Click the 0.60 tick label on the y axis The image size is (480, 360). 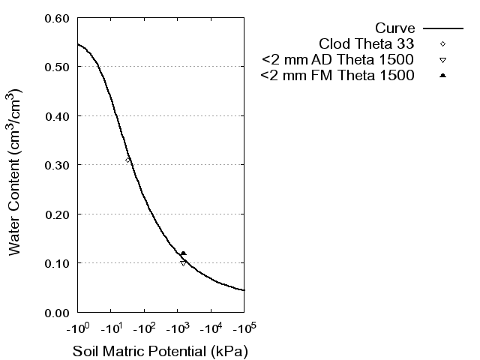tap(59, 18)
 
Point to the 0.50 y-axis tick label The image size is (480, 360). tap(59, 67)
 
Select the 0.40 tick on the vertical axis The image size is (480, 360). tap(59, 116)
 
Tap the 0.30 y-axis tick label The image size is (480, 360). tap(59, 165)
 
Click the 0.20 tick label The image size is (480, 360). tap(59, 214)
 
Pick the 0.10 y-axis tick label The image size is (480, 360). tap(59, 263)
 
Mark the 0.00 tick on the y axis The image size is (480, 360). tap(59, 312)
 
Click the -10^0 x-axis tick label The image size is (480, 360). tap(77, 328)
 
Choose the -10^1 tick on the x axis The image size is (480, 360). tap(110, 328)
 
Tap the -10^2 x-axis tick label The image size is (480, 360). tap(144, 328)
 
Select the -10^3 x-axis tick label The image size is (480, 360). tap(177, 328)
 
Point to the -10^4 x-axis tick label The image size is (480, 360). tap(211, 328)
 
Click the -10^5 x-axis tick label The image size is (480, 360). tap(244, 328)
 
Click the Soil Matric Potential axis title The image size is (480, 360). tap(160, 351)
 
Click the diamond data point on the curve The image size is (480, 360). tap(128, 160)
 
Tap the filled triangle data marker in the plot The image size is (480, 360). tap(183, 253)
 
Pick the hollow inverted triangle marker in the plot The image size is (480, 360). tap(183, 262)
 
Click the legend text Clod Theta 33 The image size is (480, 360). tap(367, 43)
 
